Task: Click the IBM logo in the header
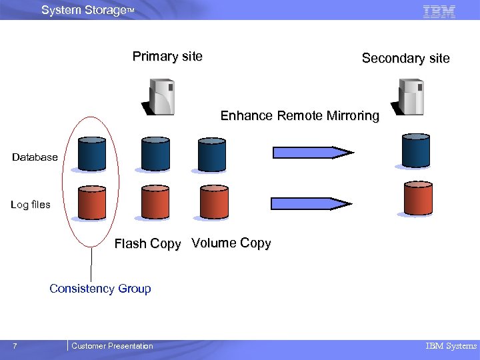coord(439,11)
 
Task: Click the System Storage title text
coord(87,10)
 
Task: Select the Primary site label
coord(167,57)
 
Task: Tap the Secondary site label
coord(405,59)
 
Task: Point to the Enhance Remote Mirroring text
coord(299,116)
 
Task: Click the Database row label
coord(35,157)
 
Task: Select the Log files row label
coord(31,205)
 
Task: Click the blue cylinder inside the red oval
coord(91,154)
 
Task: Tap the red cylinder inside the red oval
coord(91,202)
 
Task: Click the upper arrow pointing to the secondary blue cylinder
coord(312,153)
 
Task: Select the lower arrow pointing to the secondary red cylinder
coord(312,203)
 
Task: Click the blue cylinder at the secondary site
coord(415,149)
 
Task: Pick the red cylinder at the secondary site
coord(418,198)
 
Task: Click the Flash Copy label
coord(147,244)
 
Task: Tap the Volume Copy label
coord(231,243)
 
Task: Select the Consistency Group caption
coord(100,289)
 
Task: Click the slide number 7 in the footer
coord(15,346)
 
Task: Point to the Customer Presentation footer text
coord(112,346)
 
